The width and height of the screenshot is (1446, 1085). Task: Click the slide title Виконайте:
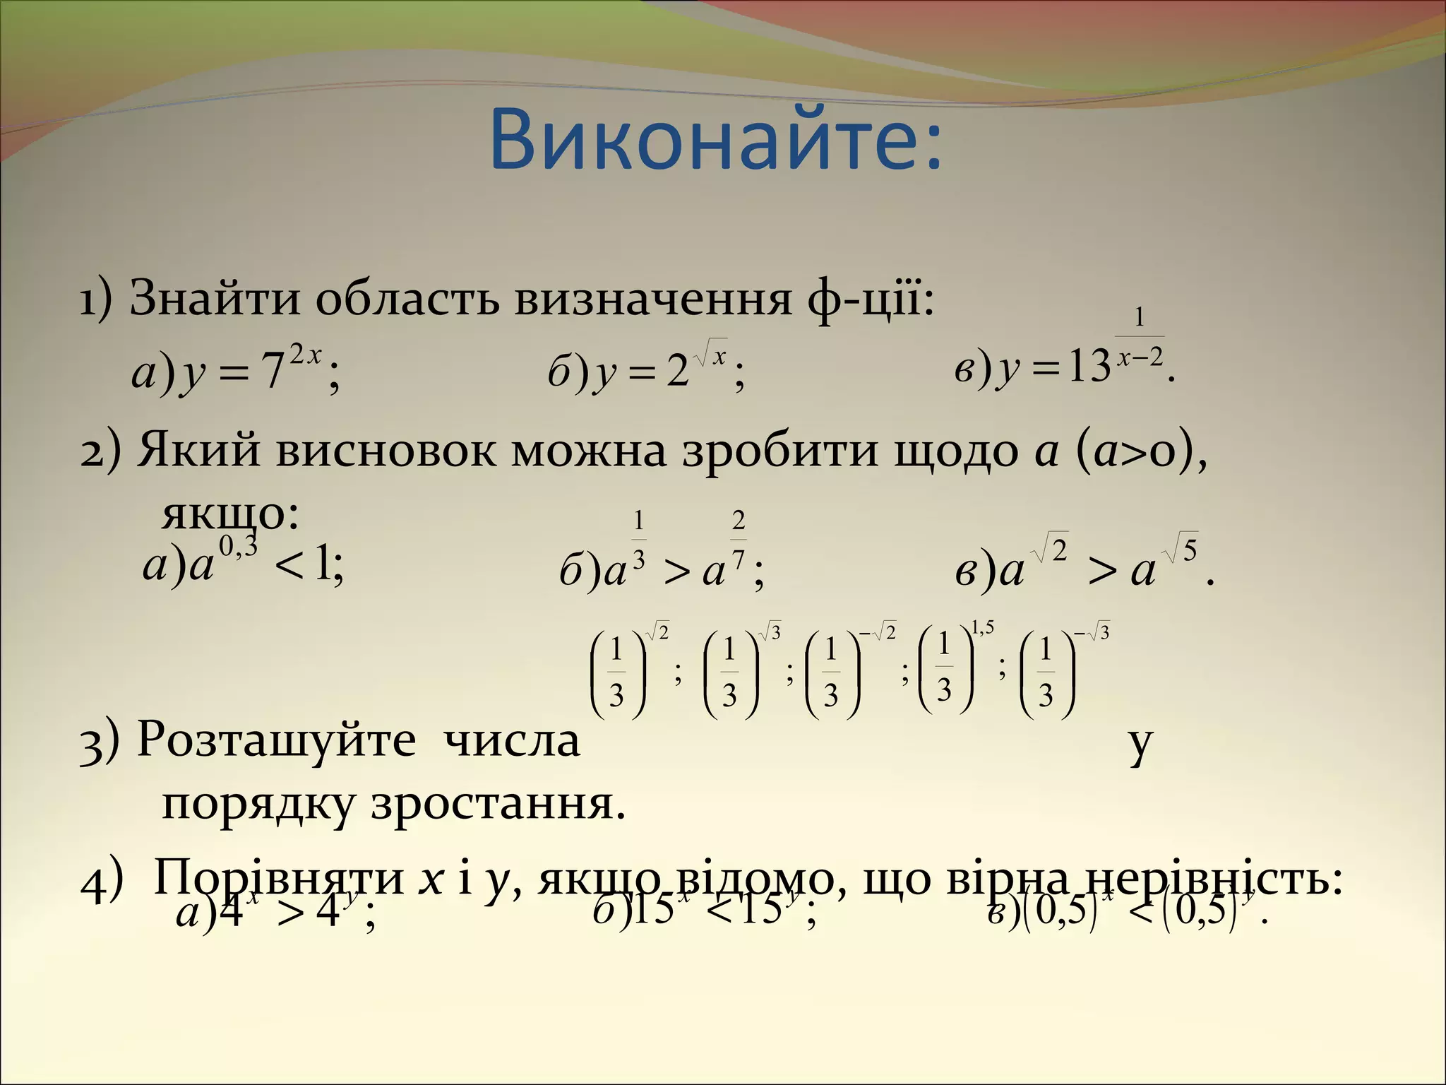(715, 140)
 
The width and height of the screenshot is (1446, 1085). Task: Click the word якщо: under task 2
(230, 514)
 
